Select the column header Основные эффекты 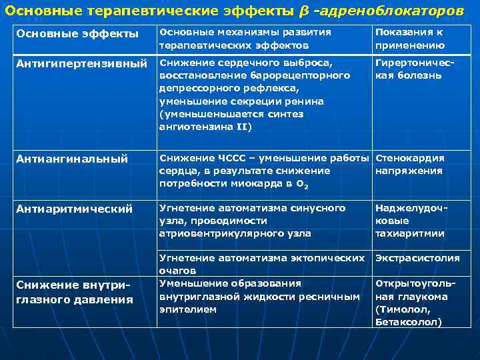tap(77, 33)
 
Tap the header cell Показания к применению tap(409, 39)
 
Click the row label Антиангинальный tap(72, 159)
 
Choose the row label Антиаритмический tap(73, 209)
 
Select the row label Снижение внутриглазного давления tap(73, 292)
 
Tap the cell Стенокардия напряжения tap(409, 165)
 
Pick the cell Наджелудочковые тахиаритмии tap(409, 221)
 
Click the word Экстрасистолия tap(417, 258)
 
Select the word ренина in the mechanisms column tap(306, 101)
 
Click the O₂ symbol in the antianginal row tap(303, 183)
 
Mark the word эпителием tap(187, 309)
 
